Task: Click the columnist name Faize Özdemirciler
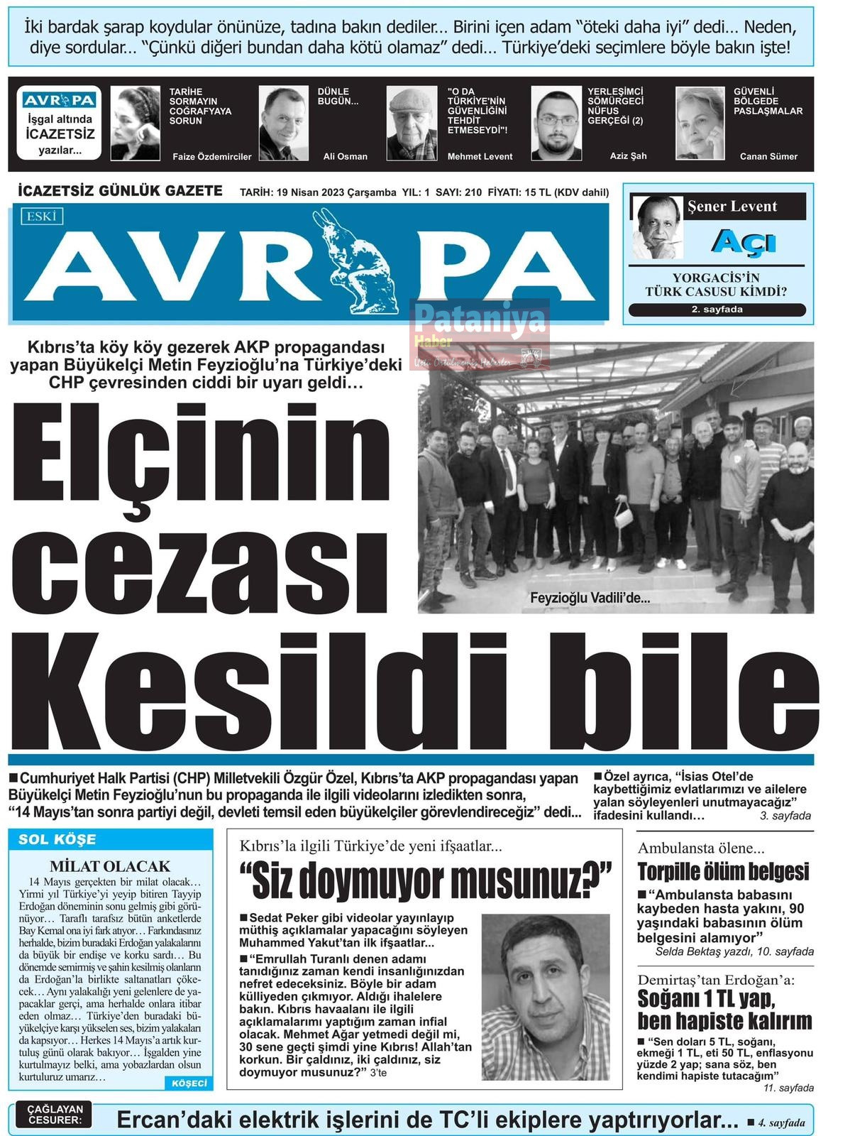click(212, 157)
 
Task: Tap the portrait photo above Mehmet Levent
click(412, 124)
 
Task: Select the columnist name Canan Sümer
click(768, 157)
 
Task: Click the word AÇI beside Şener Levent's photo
click(744, 243)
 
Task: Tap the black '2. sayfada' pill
click(717, 310)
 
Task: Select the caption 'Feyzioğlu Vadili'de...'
click(590, 599)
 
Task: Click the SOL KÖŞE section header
click(57, 839)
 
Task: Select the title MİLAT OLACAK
click(110, 866)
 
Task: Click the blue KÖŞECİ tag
click(189, 1083)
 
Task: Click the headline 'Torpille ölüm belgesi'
click(723, 871)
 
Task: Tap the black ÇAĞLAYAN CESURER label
click(55, 1115)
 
